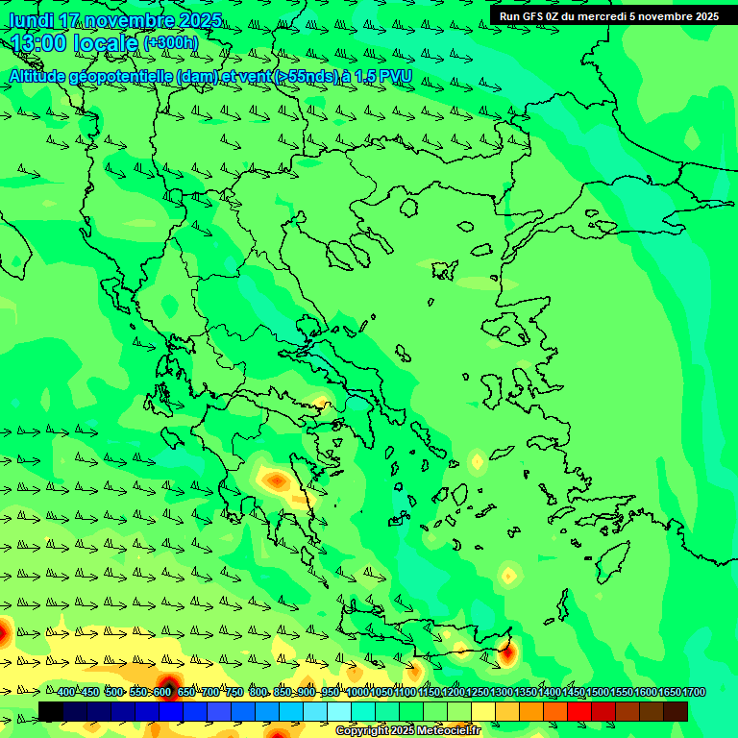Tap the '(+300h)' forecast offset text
pyautogui.click(x=170, y=42)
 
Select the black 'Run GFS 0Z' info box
pyautogui.click(x=608, y=15)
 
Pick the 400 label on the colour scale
pyautogui.click(x=65, y=693)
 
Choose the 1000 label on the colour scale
pyautogui.click(x=357, y=693)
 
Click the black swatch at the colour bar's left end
pyautogui.click(x=51, y=711)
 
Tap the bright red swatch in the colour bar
pyautogui.click(x=579, y=711)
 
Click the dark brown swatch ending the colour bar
pyautogui.click(x=676, y=711)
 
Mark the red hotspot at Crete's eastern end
pyautogui.click(x=506, y=655)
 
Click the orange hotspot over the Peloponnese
pyautogui.click(x=277, y=479)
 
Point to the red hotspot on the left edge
pyautogui.click(x=3, y=631)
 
